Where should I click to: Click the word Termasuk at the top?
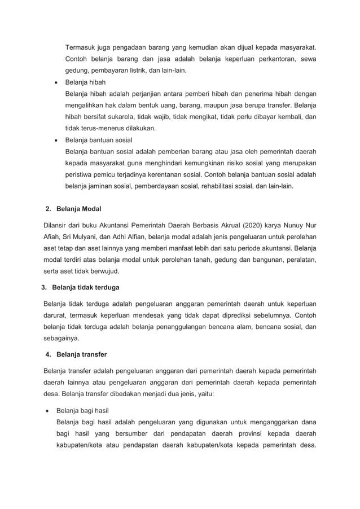[80, 46]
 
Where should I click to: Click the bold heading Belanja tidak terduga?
[85, 287]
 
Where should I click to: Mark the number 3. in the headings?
[45, 287]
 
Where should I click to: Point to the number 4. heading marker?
[48, 355]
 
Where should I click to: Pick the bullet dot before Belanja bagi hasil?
[46, 410]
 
